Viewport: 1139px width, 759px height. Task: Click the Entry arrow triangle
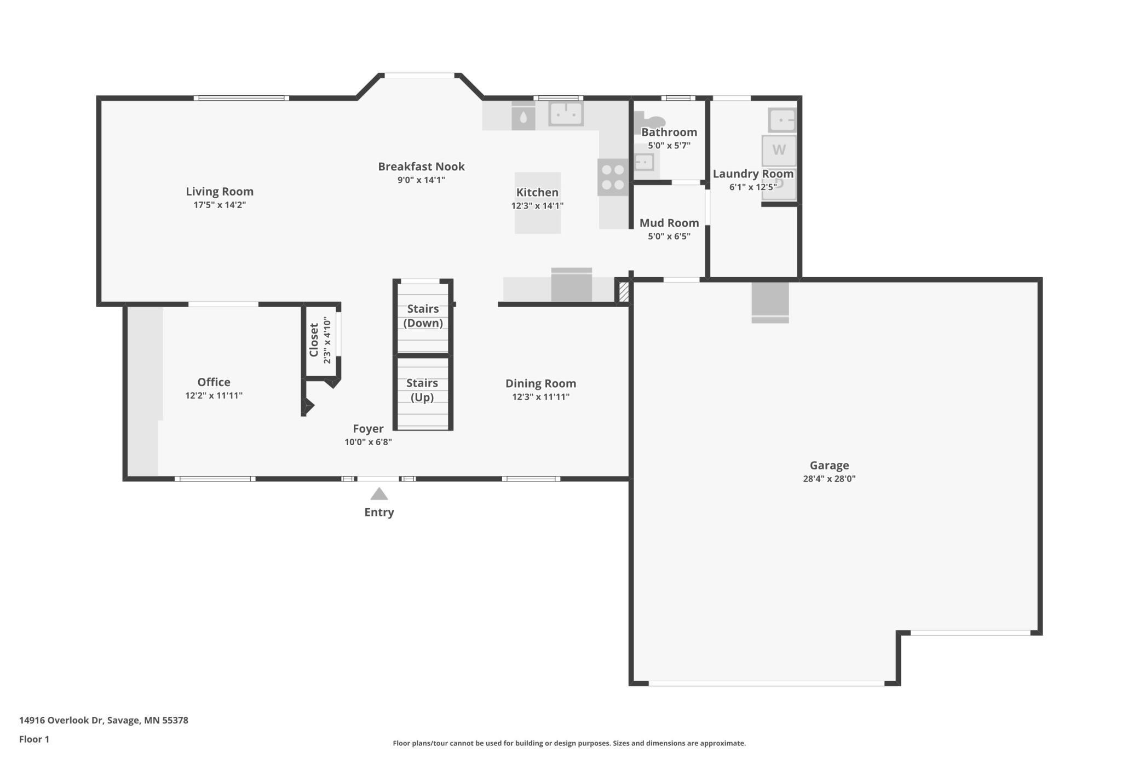pos(379,494)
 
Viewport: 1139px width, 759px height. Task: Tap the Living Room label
pos(220,191)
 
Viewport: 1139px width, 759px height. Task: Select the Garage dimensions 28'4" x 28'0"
pos(829,479)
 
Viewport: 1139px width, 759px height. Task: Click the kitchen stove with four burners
pos(613,177)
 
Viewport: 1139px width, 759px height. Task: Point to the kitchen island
pos(537,203)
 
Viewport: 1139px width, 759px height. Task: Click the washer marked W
pos(779,150)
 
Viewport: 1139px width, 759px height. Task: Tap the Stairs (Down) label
pos(423,316)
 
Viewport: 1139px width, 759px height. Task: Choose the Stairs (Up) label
pos(422,390)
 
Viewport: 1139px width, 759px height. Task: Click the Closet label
pos(314,340)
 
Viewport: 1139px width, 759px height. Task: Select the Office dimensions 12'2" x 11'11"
pos(214,395)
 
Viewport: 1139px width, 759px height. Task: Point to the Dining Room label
pos(540,383)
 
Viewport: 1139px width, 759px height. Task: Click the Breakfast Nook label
pos(421,166)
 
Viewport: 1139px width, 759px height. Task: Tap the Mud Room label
pos(669,223)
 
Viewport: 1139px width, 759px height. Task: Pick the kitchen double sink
pos(566,113)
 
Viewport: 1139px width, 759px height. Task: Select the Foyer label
pos(368,428)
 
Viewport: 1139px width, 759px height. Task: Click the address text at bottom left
pos(103,720)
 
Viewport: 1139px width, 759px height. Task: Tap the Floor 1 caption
pos(34,739)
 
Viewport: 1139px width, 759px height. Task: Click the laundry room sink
pos(781,120)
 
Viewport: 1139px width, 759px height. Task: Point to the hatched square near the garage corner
pos(624,291)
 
